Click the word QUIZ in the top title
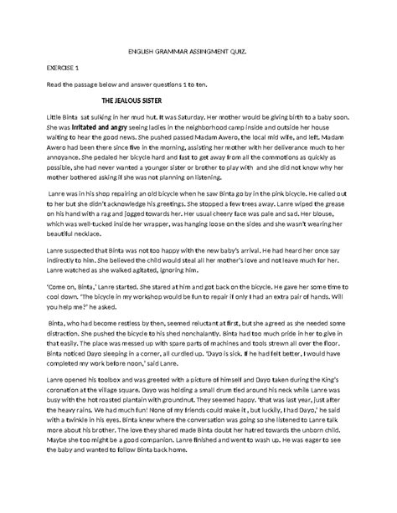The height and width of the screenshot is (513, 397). tap(262, 51)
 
